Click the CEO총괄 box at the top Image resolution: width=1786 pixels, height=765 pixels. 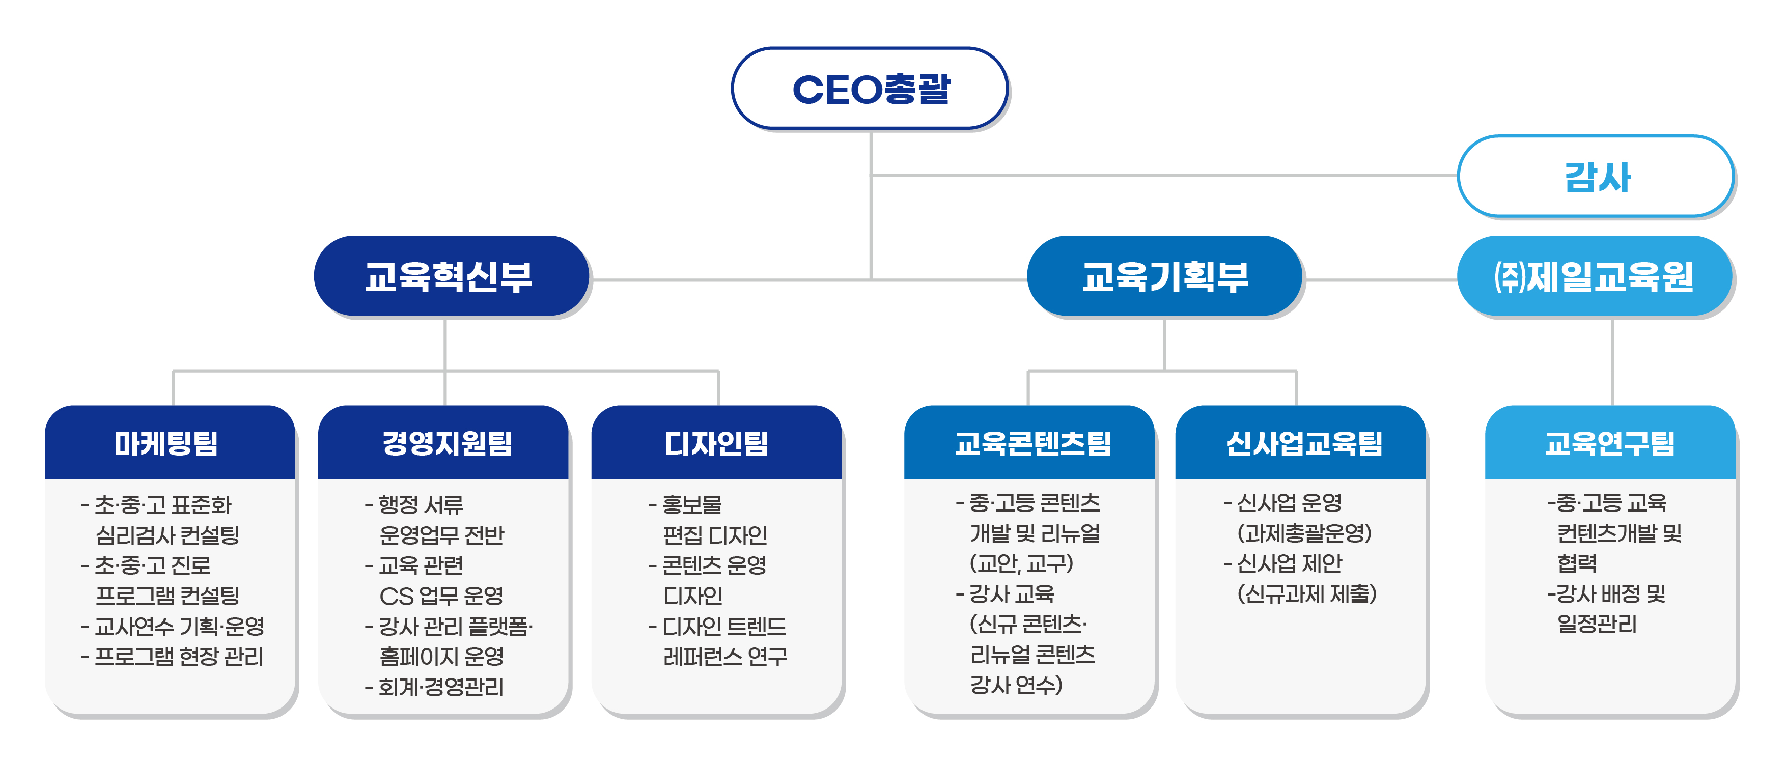click(870, 89)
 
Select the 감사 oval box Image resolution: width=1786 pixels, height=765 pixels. click(1596, 177)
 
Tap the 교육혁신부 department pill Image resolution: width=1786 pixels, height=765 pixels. click(452, 276)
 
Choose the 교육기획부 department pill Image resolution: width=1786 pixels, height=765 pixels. click(1165, 276)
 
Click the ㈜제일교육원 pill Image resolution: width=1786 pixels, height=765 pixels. click(1595, 276)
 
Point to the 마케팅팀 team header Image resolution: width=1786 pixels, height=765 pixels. click(170, 443)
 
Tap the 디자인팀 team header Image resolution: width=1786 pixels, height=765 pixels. click(717, 443)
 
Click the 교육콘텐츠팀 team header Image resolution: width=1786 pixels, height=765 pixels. click(1029, 443)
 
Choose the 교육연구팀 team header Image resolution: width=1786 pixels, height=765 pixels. click(1610, 443)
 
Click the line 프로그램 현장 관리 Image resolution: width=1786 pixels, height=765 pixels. click(172, 656)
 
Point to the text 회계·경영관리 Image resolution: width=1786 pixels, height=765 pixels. click(435, 687)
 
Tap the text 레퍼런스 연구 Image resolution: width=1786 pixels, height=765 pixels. click(725, 656)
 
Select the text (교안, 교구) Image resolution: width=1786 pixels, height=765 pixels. click(1021, 563)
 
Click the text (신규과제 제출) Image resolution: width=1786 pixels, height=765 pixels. click(1307, 594)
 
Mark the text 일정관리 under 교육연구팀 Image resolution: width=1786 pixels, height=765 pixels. click(1597, 625)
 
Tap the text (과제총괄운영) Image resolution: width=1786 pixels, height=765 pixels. click(1304, 533)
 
